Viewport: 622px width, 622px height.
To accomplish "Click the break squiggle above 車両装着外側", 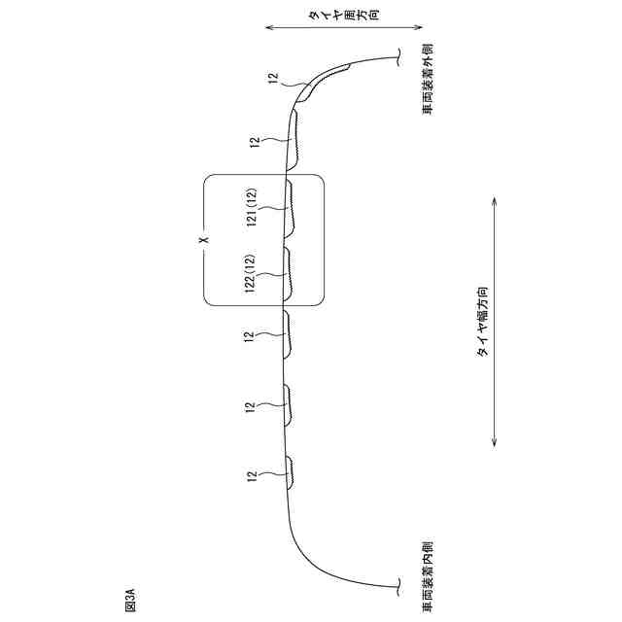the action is point(398,56).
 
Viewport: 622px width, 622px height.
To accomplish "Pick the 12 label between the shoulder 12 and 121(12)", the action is point(255,143).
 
